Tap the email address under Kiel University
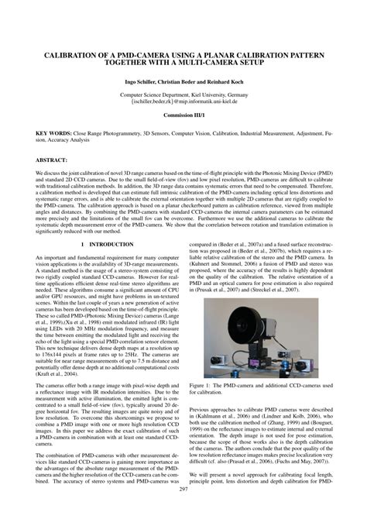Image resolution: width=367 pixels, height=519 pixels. pyautogui.click(x=183, y=101)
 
